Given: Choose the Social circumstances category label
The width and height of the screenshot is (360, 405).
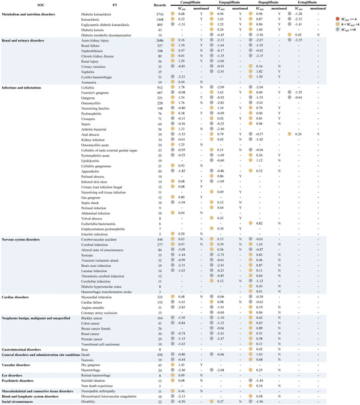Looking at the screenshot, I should click(18, 401).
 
